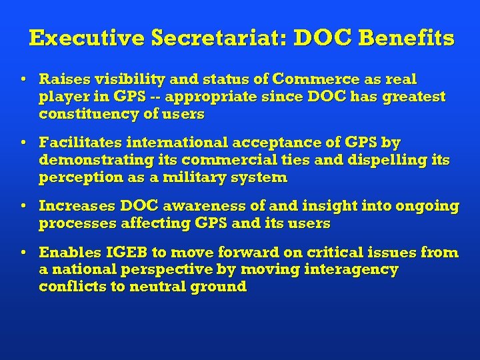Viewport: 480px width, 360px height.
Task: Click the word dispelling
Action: (391, 160)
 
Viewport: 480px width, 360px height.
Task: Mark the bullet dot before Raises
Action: (23, 79)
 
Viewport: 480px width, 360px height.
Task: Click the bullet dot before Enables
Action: (23, 253)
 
